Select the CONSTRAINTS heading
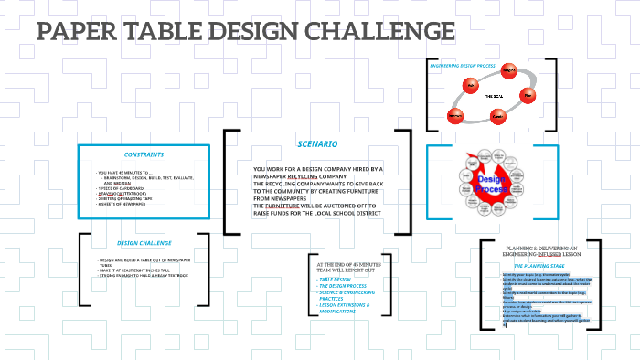click(x=144, y=154)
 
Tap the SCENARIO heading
click(x=317, y=144)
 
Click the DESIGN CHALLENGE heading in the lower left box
click(x=144, y=243)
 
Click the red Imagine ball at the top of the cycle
click(x=509, y=71)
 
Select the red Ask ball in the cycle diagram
click(x=472, y=85)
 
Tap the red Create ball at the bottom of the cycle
click(x=497, y=116)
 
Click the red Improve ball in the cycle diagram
click(x=456, y=115)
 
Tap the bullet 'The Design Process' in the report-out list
click(x=339, y=286)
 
